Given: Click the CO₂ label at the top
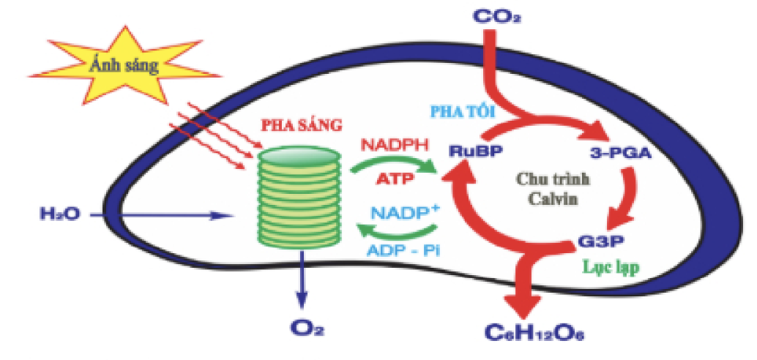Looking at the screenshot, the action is click(492, 16).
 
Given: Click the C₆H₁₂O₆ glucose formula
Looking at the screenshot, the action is click(534, 331).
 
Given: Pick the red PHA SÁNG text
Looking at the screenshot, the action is click(302, 125).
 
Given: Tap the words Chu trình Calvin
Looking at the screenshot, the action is click(553, 190).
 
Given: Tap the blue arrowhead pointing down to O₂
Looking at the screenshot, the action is click(302, 301).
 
